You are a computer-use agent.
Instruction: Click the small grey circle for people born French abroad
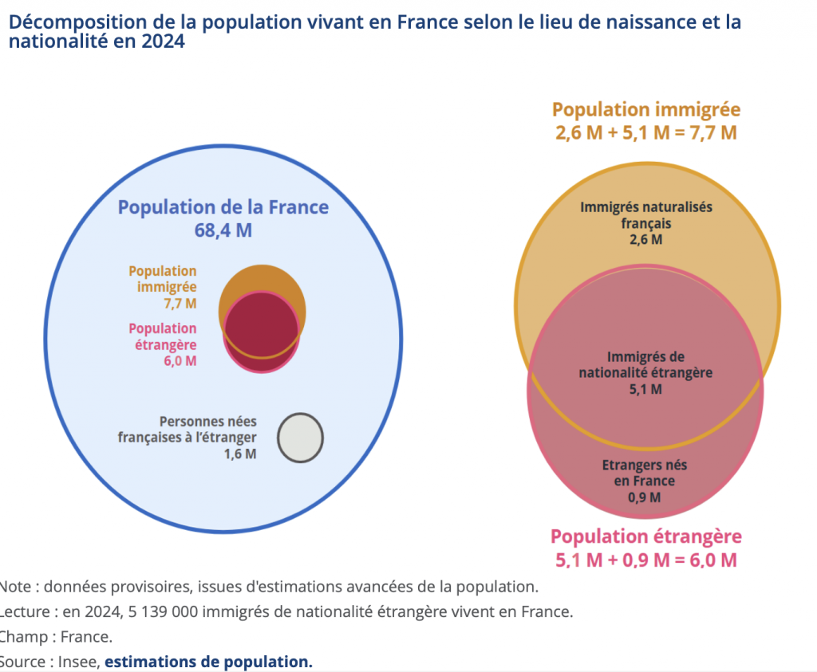(300, 438)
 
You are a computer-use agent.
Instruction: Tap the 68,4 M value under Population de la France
(223, 230)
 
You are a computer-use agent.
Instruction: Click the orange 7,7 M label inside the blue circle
(180, 303)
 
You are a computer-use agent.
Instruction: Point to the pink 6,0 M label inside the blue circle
(179, 360)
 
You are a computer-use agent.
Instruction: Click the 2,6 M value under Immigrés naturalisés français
(645, 239)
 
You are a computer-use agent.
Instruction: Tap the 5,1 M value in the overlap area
(645, 389)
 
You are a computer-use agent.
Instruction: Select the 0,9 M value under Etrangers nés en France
(644, 497)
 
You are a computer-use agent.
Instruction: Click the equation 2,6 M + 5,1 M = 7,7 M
(645, 132)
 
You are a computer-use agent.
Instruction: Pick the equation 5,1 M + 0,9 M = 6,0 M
(645, 560)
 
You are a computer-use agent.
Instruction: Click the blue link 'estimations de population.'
(208, 662)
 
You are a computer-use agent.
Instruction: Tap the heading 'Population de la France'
(223, 207)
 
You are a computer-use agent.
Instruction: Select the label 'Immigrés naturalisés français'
(646, 215)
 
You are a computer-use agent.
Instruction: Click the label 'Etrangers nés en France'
(645, 473)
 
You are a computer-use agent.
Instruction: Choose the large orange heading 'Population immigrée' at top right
(646, 110)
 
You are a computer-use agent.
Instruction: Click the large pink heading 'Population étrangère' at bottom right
(646, 536)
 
